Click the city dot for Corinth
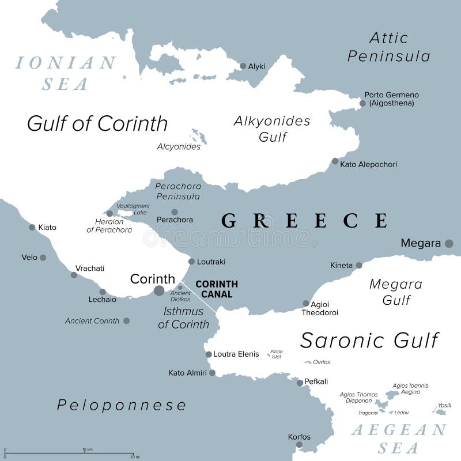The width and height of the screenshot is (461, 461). (159, 291)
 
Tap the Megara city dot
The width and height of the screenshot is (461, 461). (449, 244)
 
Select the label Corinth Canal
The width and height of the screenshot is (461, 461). (217, 289)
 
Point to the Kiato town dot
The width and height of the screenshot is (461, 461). (32, 227)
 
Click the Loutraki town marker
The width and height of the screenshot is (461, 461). (191, 261)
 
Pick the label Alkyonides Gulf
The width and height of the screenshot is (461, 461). (272, 129)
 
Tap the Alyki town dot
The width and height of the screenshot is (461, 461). (243, 66)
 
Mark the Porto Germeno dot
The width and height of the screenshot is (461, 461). (362, 104)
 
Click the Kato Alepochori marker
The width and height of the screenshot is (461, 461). (335, 161)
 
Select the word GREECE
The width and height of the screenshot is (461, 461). (304, 221)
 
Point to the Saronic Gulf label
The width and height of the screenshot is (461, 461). (369, 340)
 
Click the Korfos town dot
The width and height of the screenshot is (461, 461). (299, 444)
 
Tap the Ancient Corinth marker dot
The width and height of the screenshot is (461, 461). (126, 321)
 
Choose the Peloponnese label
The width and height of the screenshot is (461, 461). (122, 405)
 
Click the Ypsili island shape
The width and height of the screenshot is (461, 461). (440, 411)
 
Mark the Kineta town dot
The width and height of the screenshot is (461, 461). (359, 265)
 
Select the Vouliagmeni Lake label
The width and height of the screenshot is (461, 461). (133, 209)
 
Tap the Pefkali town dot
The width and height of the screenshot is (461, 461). (300, 383)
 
